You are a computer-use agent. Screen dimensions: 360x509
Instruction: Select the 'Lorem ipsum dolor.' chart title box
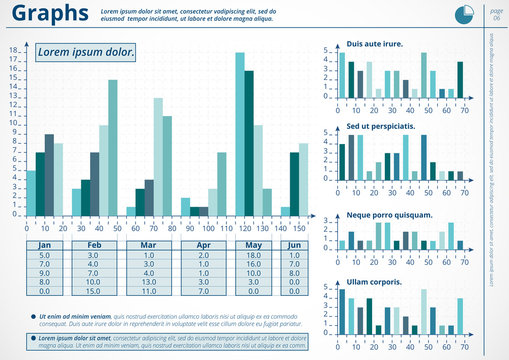point(85,52)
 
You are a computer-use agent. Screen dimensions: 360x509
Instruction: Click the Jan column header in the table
point(44,245)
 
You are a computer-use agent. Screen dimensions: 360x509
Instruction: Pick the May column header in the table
point(254,245)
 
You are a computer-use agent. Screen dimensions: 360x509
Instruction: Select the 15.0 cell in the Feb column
point(93,291)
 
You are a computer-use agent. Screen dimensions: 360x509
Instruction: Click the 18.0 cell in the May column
point(254,255)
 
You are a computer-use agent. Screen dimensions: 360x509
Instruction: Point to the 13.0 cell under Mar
point(148,282)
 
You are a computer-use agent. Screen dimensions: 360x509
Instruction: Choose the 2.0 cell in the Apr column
point(203,255)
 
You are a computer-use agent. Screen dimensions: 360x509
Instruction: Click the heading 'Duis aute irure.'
point(375,44)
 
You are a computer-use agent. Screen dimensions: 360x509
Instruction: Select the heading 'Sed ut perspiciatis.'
point(382,129)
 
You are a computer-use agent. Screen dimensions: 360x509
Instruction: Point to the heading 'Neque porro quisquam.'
point(389,214)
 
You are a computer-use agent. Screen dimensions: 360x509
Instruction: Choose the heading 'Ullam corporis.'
point(374,283)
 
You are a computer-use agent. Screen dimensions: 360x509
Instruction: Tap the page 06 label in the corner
point(496,13)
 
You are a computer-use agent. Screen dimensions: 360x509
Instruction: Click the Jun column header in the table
point(294,245)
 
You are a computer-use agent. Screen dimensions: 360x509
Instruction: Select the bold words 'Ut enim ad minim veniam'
point(75,316)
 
